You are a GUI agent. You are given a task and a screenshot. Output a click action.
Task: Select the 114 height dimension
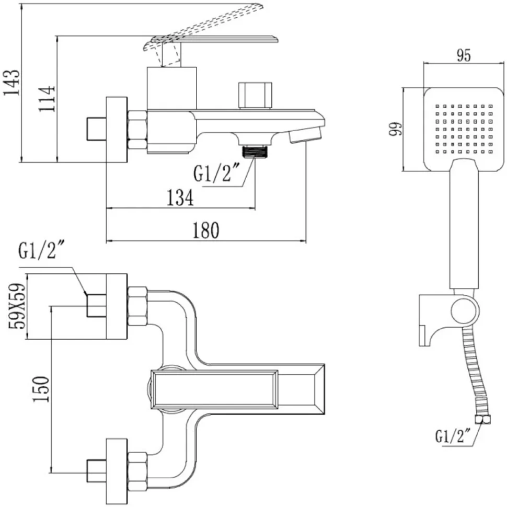[47, 99]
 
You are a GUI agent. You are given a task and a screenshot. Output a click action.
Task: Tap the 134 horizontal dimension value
[180, 198]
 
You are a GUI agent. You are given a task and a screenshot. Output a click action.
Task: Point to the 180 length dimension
[206, 230]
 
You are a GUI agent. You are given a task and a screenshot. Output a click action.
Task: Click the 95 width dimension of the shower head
[464, 55]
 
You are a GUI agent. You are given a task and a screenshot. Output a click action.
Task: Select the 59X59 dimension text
[17, 306]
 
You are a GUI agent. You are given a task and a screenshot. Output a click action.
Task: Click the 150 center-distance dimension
[41, 389]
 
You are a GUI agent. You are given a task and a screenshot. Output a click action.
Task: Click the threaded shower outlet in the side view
[256, 152]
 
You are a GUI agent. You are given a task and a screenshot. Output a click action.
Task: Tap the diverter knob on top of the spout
[255, 95]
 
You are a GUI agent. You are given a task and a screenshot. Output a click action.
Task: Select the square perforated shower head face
[464, 129]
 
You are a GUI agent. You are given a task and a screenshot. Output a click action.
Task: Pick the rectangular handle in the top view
[214, 389]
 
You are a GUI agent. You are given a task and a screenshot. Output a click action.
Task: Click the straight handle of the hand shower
[464, 224]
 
